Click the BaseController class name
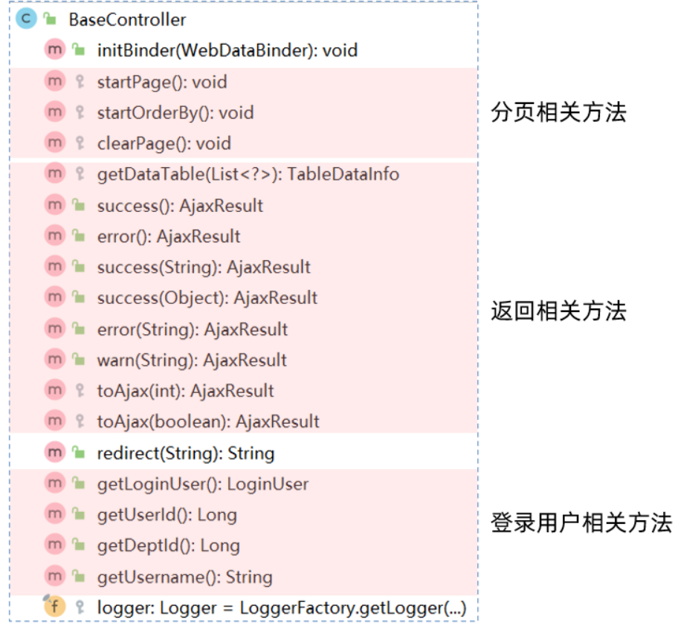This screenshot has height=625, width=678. pos(127,20)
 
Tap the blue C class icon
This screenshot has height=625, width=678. pos(26,19)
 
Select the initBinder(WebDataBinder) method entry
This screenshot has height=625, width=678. pos(227,51)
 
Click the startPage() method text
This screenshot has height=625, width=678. pos(162,82)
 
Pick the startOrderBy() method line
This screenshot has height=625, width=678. pos(175,113)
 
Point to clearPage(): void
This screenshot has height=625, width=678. pos(164,143)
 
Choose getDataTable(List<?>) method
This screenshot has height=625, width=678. pos(248,175)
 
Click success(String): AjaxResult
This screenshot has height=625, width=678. pos(204,268)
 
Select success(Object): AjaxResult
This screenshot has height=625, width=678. pos(207,298)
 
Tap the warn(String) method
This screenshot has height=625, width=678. pos(192,360)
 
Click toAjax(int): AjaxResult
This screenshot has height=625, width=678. pos(185,391)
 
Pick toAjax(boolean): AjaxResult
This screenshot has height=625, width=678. pos(208,422)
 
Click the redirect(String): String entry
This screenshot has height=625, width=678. pos(185,453)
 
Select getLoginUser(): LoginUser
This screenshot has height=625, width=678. pos(202,485)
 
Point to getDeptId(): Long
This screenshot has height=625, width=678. pos(168,546)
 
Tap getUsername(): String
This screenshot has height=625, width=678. pos(184,577)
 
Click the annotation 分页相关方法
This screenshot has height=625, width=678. pos(558,112)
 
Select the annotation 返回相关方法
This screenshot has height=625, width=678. pos(558,311)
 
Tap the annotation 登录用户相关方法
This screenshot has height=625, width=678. pos(581,522)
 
